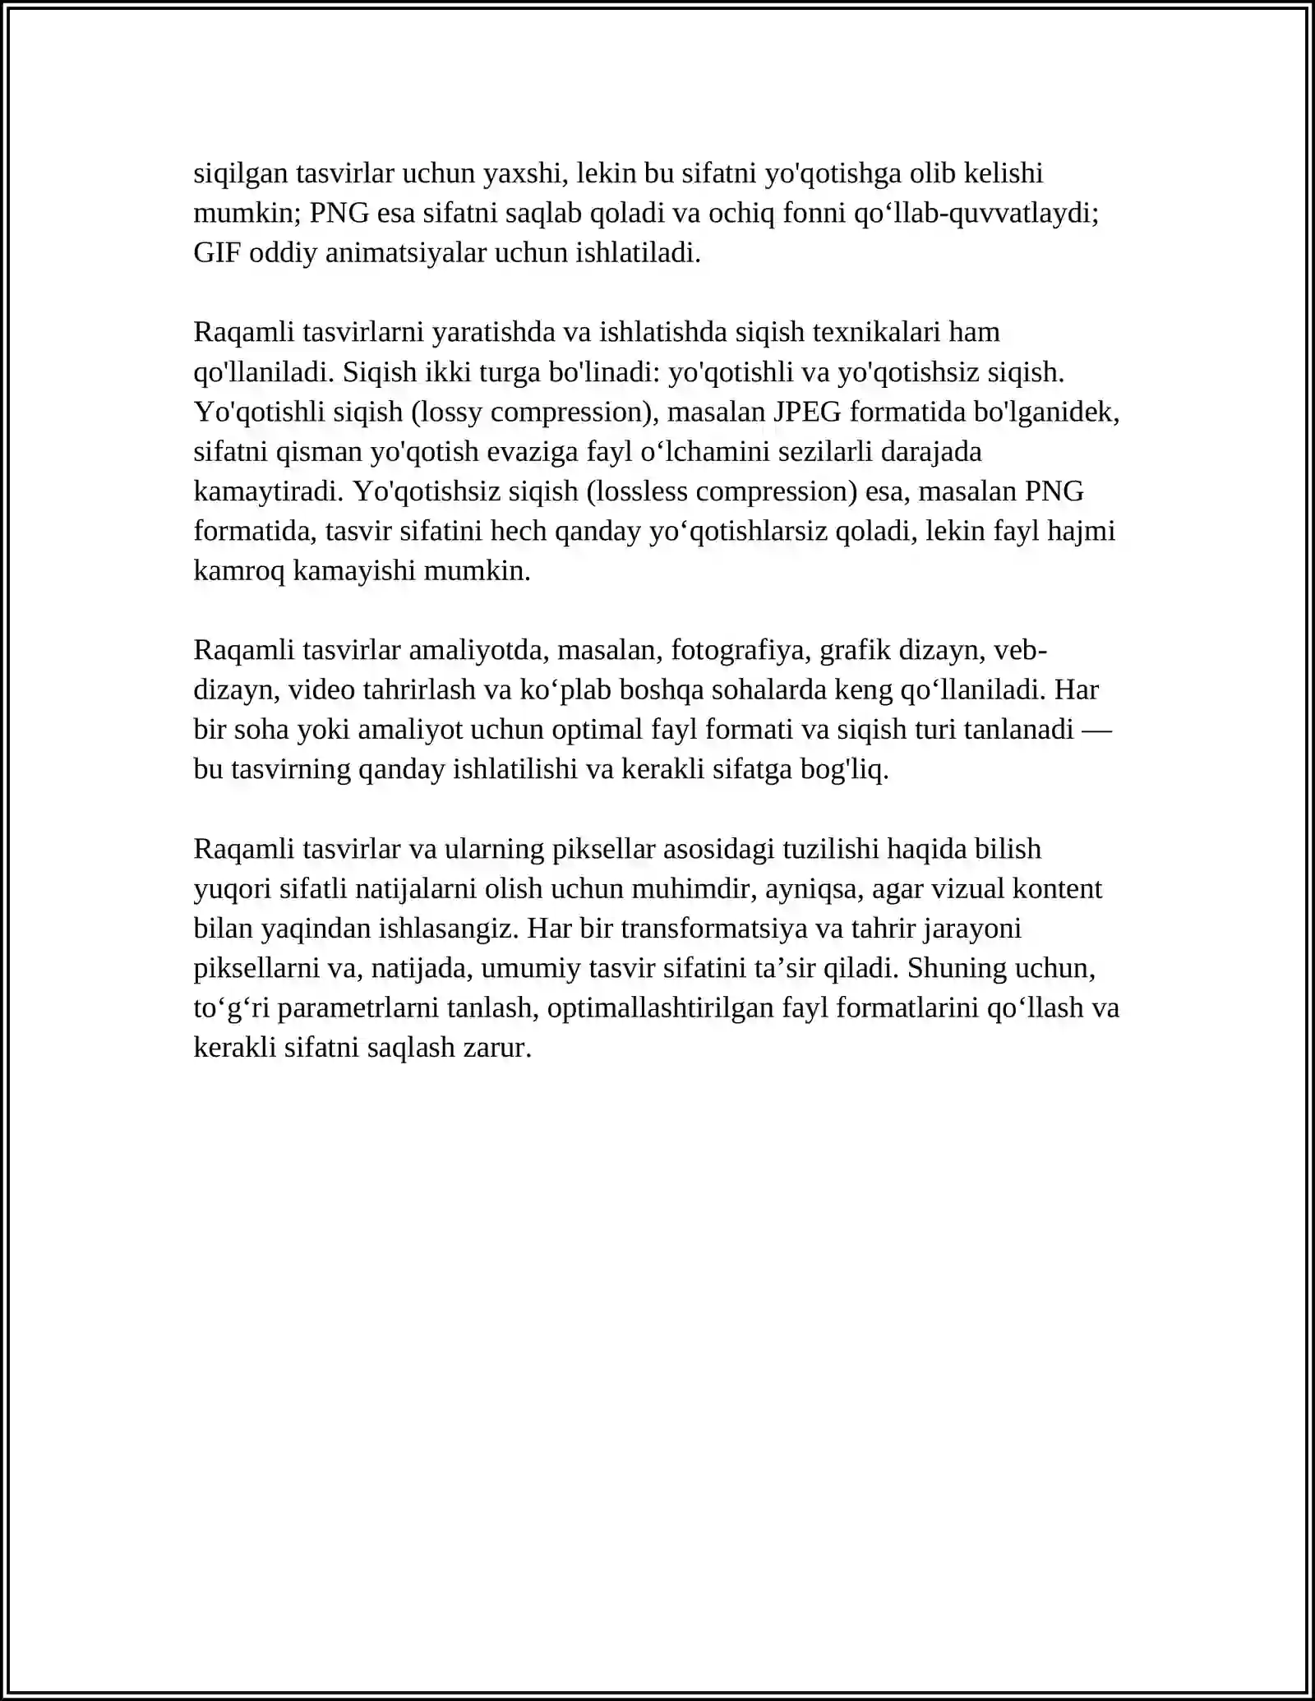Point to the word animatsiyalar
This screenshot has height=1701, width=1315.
click(x=406, y=253)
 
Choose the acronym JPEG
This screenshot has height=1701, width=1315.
click(x=807, y=412)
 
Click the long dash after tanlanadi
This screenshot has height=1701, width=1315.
click(x=1096, y=730)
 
